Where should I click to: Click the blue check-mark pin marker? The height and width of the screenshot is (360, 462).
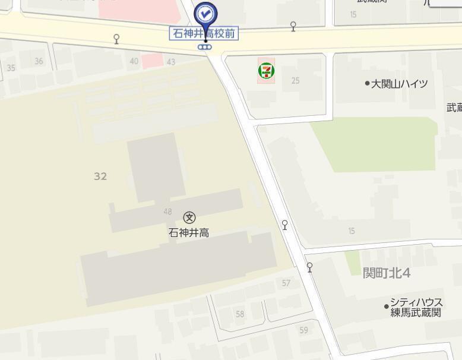[206, 13]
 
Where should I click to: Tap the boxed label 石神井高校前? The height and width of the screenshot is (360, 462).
[204, 34]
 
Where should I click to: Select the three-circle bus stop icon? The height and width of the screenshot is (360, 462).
[205, 46]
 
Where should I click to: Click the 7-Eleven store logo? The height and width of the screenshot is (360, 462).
[266, 71]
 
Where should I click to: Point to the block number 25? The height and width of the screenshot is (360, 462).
[295, 81]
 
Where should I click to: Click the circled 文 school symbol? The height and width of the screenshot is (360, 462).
[189, 218]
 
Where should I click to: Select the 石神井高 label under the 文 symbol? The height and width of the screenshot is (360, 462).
[189, 233]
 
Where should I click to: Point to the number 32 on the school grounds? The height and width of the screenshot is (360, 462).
[100, 176]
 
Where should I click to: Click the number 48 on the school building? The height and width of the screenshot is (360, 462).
[167, 211]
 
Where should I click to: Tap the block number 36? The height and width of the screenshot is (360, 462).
[39, 61]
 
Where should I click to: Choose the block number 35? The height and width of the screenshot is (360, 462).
[11, 68]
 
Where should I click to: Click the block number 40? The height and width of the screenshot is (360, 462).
[134, 61]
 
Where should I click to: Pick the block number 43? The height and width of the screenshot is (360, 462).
[171, 62]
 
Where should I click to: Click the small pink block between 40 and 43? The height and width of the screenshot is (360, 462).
[152, 60]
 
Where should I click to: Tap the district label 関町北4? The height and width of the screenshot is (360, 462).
[387, 273]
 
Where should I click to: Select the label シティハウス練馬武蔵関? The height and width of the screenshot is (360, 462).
[416, 307]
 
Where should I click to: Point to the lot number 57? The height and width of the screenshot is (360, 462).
[286, 283]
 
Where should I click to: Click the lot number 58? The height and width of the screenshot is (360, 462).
[240, 314]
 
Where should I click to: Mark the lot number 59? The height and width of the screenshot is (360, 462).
[304, 330]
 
